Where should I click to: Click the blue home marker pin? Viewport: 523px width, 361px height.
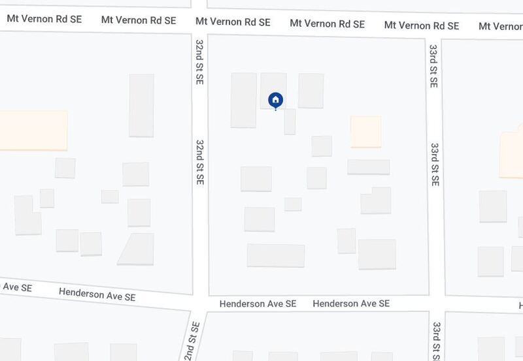coord(275,100)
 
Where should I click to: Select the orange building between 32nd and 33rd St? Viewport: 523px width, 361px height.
coord(365,132)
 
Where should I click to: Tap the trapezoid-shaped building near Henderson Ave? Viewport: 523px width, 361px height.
coord(136,249)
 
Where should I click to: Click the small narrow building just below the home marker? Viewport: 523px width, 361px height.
coord(290,121)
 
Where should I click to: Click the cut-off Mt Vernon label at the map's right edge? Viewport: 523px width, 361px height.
coord(500,27)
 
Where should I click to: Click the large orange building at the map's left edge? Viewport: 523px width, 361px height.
coord(33,131)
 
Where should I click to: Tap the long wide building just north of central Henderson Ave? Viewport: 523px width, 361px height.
coord(276,255)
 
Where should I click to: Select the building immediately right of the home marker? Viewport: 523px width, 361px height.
coord(311,91)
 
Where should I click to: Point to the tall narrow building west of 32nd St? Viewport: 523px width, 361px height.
coord(141,105)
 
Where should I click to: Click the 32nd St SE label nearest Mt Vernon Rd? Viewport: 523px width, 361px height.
coord(200,61)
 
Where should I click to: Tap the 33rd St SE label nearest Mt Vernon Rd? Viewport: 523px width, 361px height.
coord(433,67)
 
